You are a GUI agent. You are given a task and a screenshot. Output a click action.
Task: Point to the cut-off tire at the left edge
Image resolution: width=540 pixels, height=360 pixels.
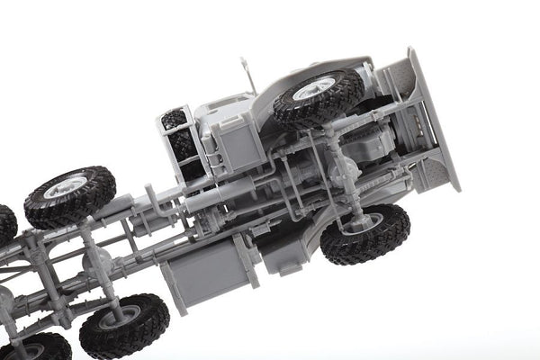pyautogui.click(x=5, y=225)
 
